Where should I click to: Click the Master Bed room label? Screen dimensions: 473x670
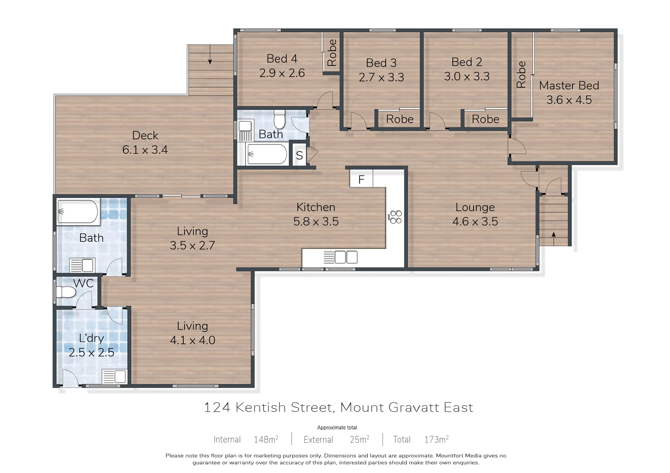point(569,86)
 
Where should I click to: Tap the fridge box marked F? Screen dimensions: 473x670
point(361,179)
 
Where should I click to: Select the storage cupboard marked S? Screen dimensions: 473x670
point(299,155)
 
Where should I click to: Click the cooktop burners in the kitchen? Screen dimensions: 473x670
point(396,217)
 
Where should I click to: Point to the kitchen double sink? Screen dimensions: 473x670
point(346,257)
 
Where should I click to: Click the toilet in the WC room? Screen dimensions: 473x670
point(66,292)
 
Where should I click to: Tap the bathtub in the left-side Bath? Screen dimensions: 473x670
point(78,212)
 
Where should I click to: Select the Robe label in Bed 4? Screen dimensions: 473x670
point(332,53)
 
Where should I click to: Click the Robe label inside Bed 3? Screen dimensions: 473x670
point(400,119)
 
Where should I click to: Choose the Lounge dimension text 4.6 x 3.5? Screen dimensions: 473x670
point(475,222)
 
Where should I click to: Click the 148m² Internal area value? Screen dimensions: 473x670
point(266,439)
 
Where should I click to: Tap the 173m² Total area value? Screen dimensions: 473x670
point(436,439)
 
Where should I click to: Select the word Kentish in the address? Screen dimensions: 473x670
point(261,407)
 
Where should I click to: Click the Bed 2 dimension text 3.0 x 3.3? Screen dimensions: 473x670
point(467,77)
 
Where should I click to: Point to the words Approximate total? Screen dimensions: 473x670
point(337,427)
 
